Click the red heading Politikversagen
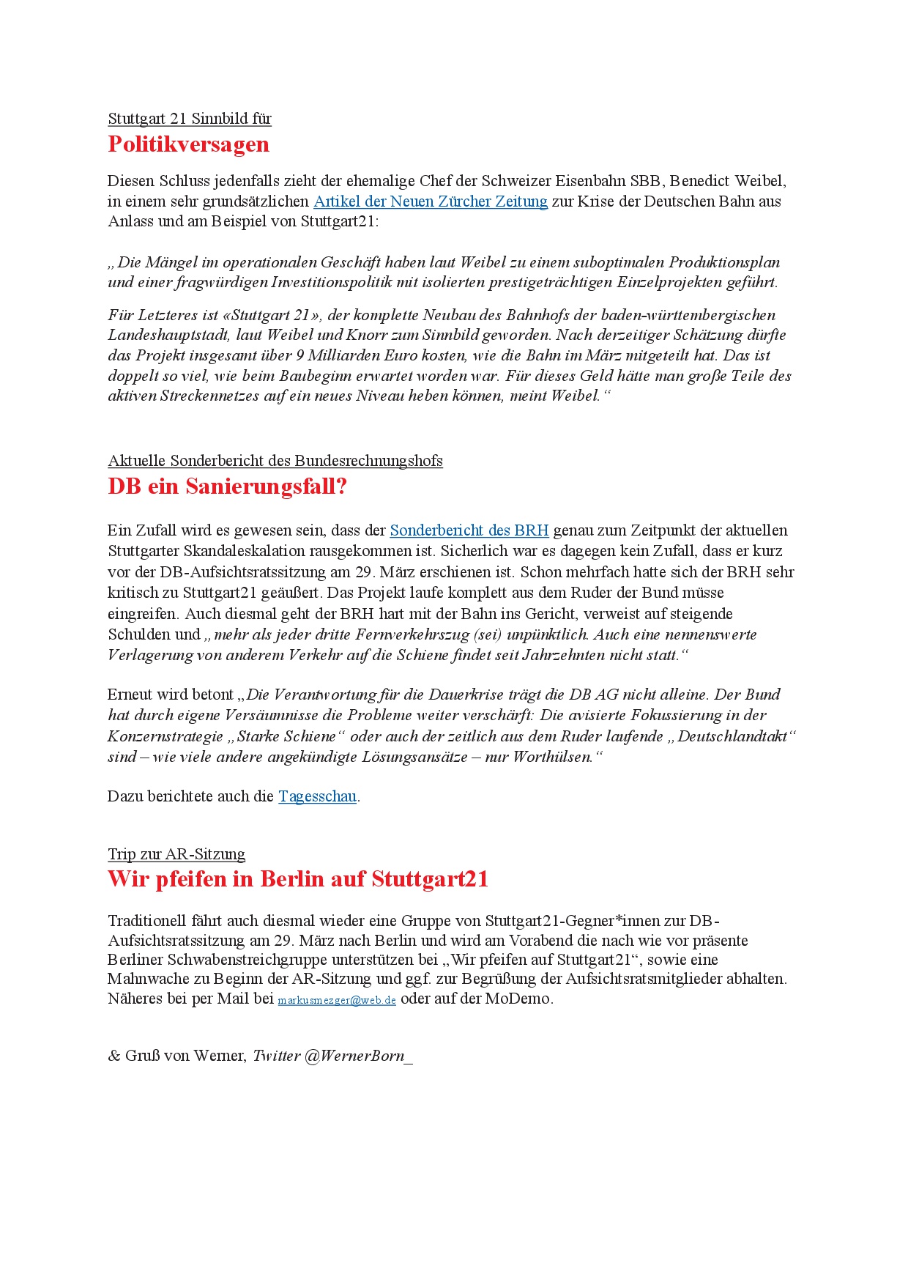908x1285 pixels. pyautogui.click(x=188, y=144)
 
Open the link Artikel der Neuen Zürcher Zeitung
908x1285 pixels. pyautogui.click(x=430, y=201)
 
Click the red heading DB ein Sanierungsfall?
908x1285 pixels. pyautogui.click(x=227, y=486)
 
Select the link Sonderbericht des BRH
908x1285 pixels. pyautogui.click(x=469, y=530)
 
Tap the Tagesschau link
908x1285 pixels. pyautogui.click(x=317, y=796)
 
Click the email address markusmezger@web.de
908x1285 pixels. pyautogui.click(x=337, y=1000)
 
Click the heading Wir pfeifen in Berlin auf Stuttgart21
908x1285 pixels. pyautogui.click(x=297, y=879)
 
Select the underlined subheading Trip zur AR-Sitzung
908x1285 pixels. pyautogui.click(x=176, y=854)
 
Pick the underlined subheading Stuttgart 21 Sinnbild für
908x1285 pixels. pyautogui.click(x=190, y=119)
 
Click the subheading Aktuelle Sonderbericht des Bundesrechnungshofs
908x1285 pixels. pyautogui.click(x=275, y=461)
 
